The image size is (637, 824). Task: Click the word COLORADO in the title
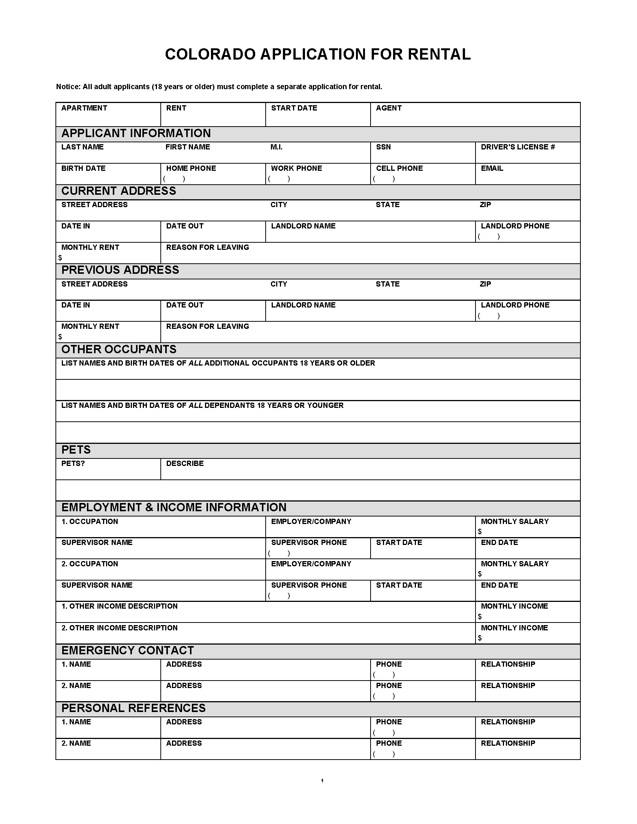click(x=210, y=54)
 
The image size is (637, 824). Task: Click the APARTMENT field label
click(x=84, y=108)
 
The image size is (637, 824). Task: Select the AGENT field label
click(x=388, y=108)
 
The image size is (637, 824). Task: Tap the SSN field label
click(x=383, y=147)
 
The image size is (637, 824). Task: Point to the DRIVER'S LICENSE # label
click(x=517, y=147)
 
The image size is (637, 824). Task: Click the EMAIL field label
click(x=492, y=169)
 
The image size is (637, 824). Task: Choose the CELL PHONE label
click(x=399, y=169)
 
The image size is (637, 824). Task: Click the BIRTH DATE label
click(x=84, y=169)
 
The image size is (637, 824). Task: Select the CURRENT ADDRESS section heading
click(x=118, y=191)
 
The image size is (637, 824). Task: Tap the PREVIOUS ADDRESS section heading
click(x=120, y=270)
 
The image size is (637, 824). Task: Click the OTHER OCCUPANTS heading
click(x=119, y=349)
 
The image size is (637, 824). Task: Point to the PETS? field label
click(x=73, y=464)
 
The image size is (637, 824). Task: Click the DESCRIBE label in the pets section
click(x=184, y=464)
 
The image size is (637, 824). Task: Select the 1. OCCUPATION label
click(x=90, y=522)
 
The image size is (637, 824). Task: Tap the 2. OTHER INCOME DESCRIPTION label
click(x=119, y=628)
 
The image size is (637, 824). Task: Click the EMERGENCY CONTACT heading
click(x=127, y=651)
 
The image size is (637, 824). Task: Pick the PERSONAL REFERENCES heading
click(x=133, y=708)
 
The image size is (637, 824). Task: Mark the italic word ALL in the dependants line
click(x=196, y=406)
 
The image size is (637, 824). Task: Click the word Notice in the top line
click(x=68, y=87)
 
